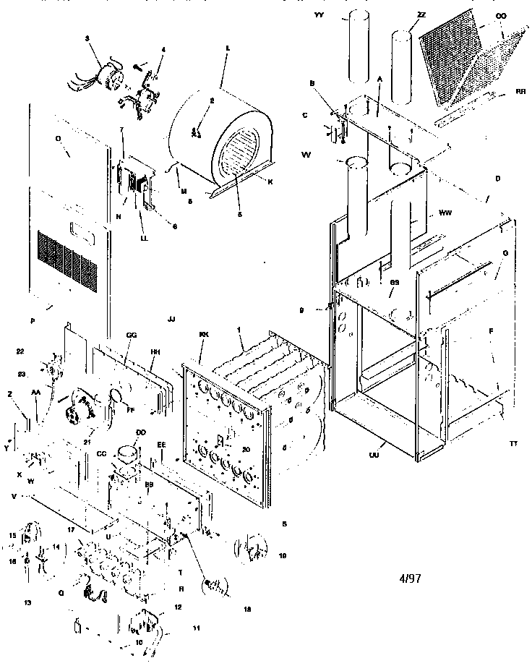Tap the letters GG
coord(131,336)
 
